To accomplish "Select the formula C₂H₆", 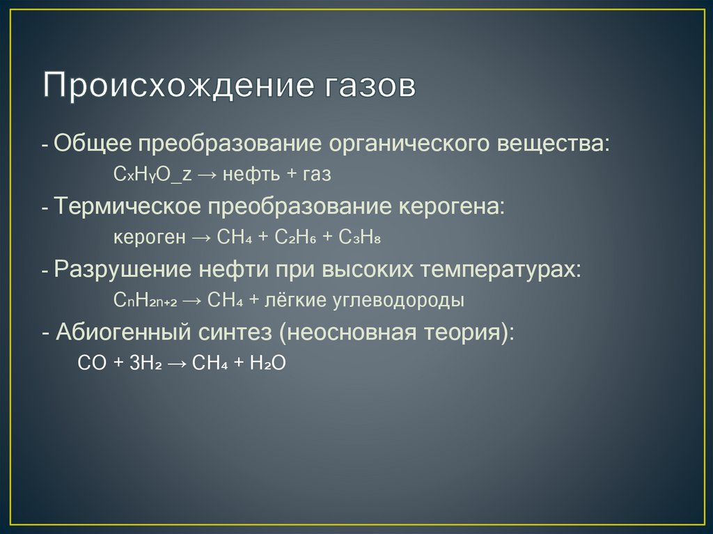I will tap(297, 237).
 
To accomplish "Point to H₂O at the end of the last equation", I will tap(267, 363).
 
